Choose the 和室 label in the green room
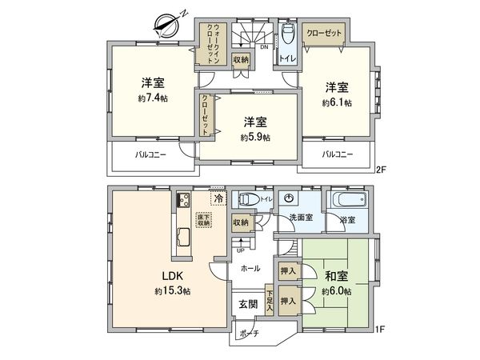[336, 277]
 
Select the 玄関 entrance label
[247, 305]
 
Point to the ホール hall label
[249, 268]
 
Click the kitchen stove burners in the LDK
[182, 200]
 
